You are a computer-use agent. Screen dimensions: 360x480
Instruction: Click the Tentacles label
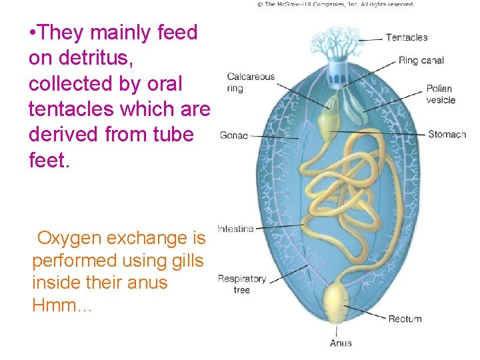click(x=407, y=37)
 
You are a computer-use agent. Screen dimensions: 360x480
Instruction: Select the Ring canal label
click(x=421, y=61)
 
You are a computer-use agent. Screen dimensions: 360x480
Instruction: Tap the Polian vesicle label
click(x=441, y=94)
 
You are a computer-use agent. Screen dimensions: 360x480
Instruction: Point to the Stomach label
click(x=447, y=134)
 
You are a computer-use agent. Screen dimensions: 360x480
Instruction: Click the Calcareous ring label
click(x=251, y=82)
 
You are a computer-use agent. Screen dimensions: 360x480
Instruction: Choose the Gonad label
click(x=233, y=135)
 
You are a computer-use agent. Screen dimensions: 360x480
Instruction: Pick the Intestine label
click(x=235, y=229)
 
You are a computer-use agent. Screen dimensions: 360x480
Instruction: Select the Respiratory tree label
click(x=241, y=284)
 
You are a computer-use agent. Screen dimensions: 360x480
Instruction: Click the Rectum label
click(x=405, y=319)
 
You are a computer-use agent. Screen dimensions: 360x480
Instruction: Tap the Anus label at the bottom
click(x=341, y=343)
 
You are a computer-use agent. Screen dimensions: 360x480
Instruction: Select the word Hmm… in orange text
click(x=62, y=306)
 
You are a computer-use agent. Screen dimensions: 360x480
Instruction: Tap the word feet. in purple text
click(x=49, y=160)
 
